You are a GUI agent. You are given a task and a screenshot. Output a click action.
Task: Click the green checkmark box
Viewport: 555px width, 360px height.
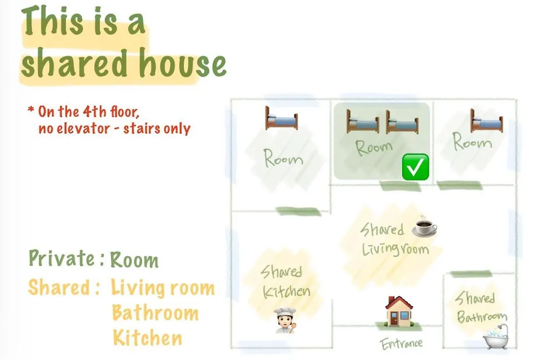point(416,167)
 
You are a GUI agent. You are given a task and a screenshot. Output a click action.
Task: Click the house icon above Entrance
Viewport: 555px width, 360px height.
point(399,311)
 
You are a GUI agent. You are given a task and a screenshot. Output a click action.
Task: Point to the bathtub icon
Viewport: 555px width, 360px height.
point(496,337)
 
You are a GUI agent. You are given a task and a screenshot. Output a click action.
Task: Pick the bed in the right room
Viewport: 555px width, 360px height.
point(487,121)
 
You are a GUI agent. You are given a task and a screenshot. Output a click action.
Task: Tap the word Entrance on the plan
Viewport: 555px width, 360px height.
point(401,344)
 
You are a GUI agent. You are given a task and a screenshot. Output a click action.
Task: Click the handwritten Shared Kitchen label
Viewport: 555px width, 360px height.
point(285,282)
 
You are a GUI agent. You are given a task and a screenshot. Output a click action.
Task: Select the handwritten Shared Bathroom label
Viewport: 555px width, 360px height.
point(481,307)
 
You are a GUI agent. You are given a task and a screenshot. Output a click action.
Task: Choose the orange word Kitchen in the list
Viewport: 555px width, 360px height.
point(147,338)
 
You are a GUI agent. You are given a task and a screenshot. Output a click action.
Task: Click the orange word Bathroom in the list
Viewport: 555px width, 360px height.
point(155,313)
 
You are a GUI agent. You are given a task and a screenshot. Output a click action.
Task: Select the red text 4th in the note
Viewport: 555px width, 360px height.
point(95,112)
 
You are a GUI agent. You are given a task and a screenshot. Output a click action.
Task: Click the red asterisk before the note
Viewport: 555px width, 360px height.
point(31,109)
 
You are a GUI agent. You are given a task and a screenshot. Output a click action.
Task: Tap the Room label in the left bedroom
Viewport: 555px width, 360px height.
point(283,158)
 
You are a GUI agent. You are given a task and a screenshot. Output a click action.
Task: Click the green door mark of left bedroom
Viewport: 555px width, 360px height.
point(298,211)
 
